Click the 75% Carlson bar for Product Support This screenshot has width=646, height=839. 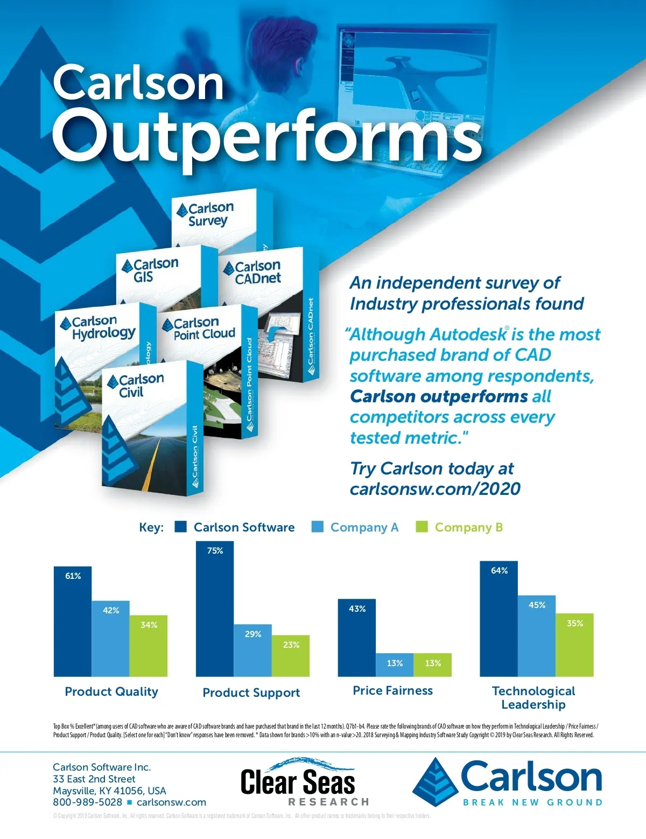pyautogui.click(x=215, y=609)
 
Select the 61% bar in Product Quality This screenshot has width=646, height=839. pyautogui.click(x=73, y=621)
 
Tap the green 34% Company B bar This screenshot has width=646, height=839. pyautogui.click(x=149, y=646)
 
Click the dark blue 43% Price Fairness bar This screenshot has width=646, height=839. pyautogui.click(x=356, y=638)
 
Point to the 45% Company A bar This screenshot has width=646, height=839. pyautogui.click(x=537, y=636)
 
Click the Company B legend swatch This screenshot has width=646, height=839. pyautogui.click(x=422, y=527)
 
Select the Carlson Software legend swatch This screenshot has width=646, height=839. pyautogui.click(x=181, y=527)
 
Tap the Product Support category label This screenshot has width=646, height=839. pyautogui.click(x=251, y=693)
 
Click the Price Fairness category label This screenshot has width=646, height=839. pyautogui.click(x=392, y=690)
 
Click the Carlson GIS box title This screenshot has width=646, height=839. pyautogui.click(x=150, y=270)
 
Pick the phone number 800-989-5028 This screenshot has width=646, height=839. pyautogui.click(x=87, y=802)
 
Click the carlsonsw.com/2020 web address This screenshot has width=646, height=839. pyautogui.click(x=435, y=489)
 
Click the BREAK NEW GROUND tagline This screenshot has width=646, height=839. pyautogui.click(x=532, y=802)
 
